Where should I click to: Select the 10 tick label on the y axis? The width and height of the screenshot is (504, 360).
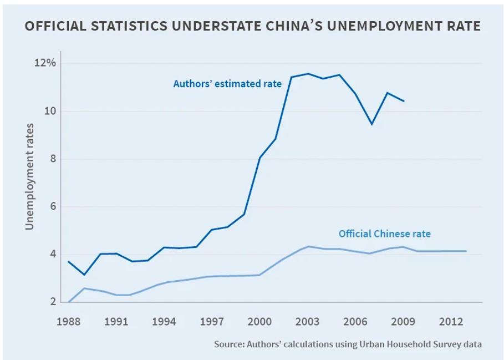click(50, 111)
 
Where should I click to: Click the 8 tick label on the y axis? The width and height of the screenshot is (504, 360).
click(52, 159)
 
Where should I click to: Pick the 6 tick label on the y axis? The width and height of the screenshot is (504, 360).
click(52, 207)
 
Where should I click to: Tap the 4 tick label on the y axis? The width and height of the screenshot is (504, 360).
click(52, 255)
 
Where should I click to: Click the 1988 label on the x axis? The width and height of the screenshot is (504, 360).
click(68, 321)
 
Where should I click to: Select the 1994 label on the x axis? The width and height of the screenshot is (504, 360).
click(164, 321)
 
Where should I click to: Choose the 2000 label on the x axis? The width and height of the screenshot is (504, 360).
click(260, 321)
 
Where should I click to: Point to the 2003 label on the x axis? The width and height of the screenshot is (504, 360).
click(308, 321)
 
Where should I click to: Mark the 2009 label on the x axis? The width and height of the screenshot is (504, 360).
click(404, 321)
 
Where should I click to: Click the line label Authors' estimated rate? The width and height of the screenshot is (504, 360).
click(227, 84)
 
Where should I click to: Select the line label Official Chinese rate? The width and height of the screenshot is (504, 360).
click(384, 234)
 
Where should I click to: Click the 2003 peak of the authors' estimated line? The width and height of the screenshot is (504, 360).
click(308, 73)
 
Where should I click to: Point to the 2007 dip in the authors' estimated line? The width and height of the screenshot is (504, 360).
click(372, 124)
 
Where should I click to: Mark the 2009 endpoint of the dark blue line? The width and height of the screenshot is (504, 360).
click(404, 101)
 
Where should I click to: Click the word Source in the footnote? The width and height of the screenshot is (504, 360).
click(228, 344)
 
